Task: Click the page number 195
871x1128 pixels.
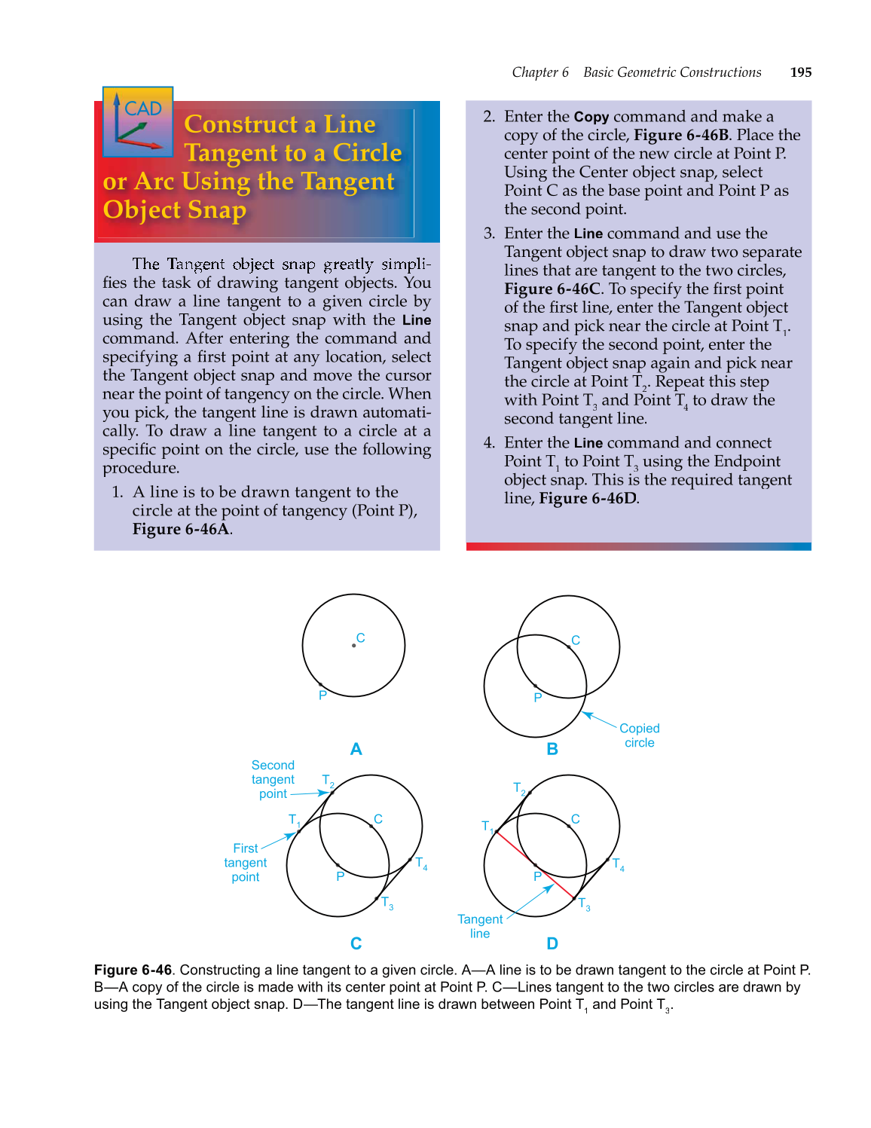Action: tap(800, 72)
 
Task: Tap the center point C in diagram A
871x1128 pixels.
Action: tap(354, 645)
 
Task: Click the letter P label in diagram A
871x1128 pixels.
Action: tap(322, 695)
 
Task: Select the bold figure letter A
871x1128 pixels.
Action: tap(356, 749)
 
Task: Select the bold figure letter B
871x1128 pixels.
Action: tap(552, 749)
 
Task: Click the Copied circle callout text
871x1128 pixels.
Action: tap(639, 735)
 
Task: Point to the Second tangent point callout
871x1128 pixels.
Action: tap(273, 779)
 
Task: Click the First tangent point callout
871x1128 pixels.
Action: tap(246, 862)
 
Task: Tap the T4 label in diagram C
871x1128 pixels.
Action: tap(421, 864)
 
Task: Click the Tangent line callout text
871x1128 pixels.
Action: tap(480, 926)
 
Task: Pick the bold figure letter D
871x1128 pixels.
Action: tap(552, 943)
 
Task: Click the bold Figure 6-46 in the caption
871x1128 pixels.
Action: tap(133, 970)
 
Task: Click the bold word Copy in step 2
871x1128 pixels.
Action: tap(591, 117)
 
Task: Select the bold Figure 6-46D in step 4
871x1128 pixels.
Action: tap(588, 498)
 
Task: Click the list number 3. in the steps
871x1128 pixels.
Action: tap(489, 234)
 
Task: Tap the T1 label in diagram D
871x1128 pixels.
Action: tap(487, 827)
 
